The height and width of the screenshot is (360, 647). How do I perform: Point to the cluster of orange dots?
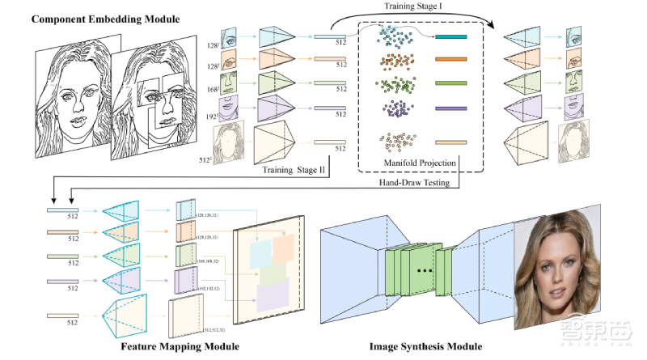click(x=394, y=61)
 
